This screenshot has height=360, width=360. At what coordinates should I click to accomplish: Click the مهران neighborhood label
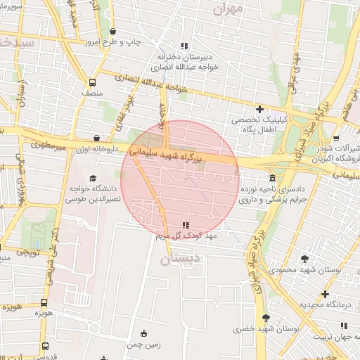(229, 8)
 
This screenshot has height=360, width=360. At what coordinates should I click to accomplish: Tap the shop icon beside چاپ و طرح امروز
(114, 32)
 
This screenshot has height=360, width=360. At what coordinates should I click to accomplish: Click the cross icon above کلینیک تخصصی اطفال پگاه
(259, 109)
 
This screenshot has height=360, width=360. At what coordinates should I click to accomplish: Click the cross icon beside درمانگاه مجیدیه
(325, 293)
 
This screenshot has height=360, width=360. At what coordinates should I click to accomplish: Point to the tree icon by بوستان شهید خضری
(265, 318)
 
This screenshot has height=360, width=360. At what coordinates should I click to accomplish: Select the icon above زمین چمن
(144, 333)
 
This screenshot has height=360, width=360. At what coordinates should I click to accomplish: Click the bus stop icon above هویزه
(43, 295)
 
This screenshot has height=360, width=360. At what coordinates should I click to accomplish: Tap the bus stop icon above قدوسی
(45, 346)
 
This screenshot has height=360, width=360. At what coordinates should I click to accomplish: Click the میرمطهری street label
(46, 146)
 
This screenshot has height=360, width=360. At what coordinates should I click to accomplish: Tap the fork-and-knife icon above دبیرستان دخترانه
(184, 46)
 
